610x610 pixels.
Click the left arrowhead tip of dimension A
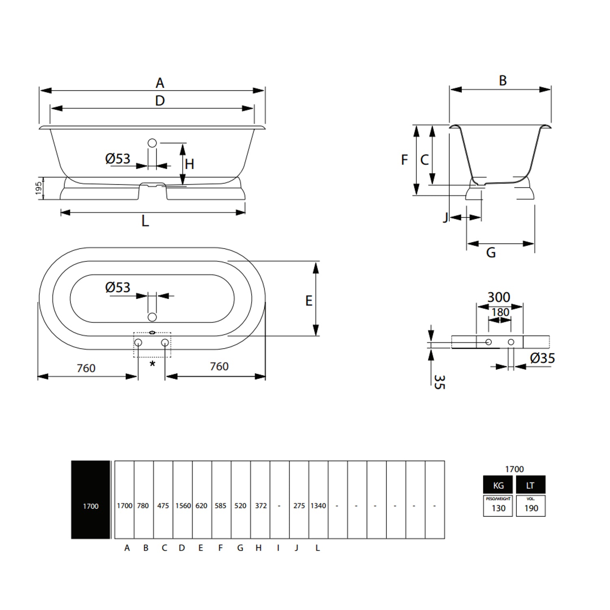40,90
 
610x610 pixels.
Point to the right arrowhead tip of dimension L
245,212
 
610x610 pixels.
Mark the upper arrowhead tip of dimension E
316,262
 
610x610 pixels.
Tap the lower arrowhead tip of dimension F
416,195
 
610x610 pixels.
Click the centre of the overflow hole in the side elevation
152,143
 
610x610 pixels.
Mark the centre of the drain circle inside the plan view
152,317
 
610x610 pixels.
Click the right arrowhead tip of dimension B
551,89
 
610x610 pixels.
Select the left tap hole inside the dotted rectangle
138,342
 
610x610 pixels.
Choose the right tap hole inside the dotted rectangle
165,342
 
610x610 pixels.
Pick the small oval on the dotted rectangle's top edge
152,333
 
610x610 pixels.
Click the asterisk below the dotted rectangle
152,364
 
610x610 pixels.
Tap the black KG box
498,485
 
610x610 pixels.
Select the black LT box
531,485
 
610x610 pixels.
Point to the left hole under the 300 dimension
488,342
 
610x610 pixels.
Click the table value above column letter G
240,505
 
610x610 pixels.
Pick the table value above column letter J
299,505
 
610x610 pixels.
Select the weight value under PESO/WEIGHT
498,508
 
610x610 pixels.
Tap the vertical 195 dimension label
39,188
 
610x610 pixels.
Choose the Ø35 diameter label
542,358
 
